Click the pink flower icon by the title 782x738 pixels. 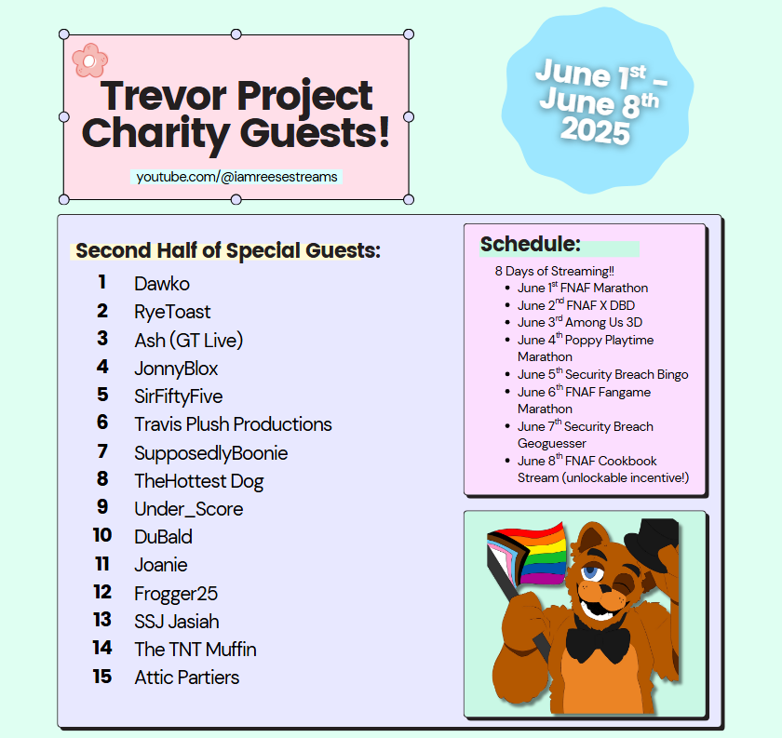pos(89,60)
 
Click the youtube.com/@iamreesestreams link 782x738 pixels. pos(236,176)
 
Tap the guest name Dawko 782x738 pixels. pos(162,283)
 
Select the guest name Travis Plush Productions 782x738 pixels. pos(233,424)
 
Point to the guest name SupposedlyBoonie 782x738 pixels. pos(211,453)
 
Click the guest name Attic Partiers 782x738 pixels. pos(186,678)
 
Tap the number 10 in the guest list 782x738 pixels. pos(101,535)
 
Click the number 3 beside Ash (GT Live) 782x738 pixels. pos(102,339)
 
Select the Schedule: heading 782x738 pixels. pos(531,245)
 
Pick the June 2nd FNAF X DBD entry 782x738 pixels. pos(576,305)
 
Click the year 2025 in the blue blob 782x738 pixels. pos(595,131)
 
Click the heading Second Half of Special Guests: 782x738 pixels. pos(228,250)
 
